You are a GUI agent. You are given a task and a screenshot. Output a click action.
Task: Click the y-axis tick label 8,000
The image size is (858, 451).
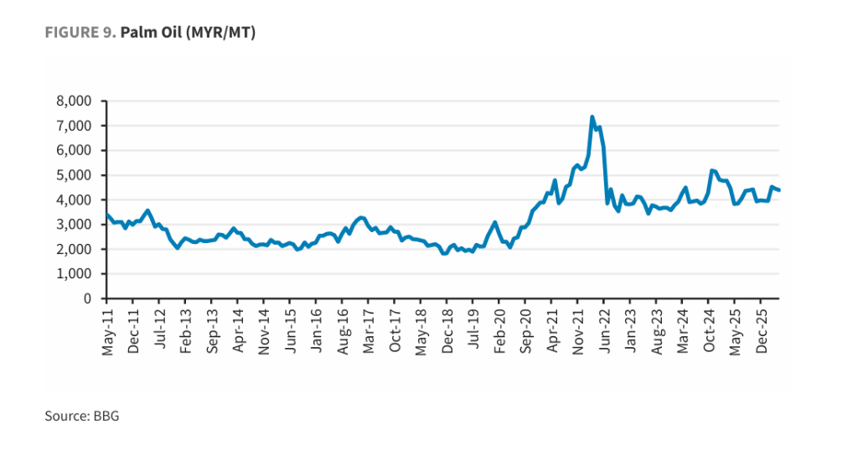tap(74, 101)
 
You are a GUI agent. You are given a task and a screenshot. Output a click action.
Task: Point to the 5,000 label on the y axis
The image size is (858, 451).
tap(74, 176)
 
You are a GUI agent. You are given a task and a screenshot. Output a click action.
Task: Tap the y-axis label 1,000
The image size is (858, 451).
tap(74, 274)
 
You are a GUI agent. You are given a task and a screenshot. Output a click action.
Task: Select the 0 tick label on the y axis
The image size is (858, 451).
tap(87, 298)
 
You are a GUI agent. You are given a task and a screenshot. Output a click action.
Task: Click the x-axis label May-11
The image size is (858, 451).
tap(108, 332)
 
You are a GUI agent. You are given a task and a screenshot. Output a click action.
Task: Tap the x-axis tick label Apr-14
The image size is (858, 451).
tap(238, 330)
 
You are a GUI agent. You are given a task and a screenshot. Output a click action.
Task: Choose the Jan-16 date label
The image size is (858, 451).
tap(317, 330)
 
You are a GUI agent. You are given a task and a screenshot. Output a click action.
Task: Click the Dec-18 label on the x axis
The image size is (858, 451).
tap(447, 331)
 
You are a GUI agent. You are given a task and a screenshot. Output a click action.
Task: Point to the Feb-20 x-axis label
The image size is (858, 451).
tap(499, 331)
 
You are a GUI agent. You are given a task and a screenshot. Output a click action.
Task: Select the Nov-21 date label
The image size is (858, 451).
tap(578, 332)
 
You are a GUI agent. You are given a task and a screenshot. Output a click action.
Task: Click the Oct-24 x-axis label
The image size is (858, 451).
tap(709, 331)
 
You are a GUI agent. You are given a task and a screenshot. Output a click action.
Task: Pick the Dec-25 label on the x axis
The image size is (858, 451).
tap(762, 331)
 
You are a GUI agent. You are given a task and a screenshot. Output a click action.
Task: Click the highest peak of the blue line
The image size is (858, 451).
tap(592, 117)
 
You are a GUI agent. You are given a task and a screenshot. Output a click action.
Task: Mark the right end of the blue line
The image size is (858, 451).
tap(779, 190)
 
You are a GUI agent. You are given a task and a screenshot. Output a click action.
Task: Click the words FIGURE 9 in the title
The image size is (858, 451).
tap(80, 33)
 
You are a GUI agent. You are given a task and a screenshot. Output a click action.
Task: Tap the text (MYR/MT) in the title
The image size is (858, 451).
tap(220, 34)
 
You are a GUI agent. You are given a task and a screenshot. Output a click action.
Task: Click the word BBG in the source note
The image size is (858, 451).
tap(106, 416)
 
